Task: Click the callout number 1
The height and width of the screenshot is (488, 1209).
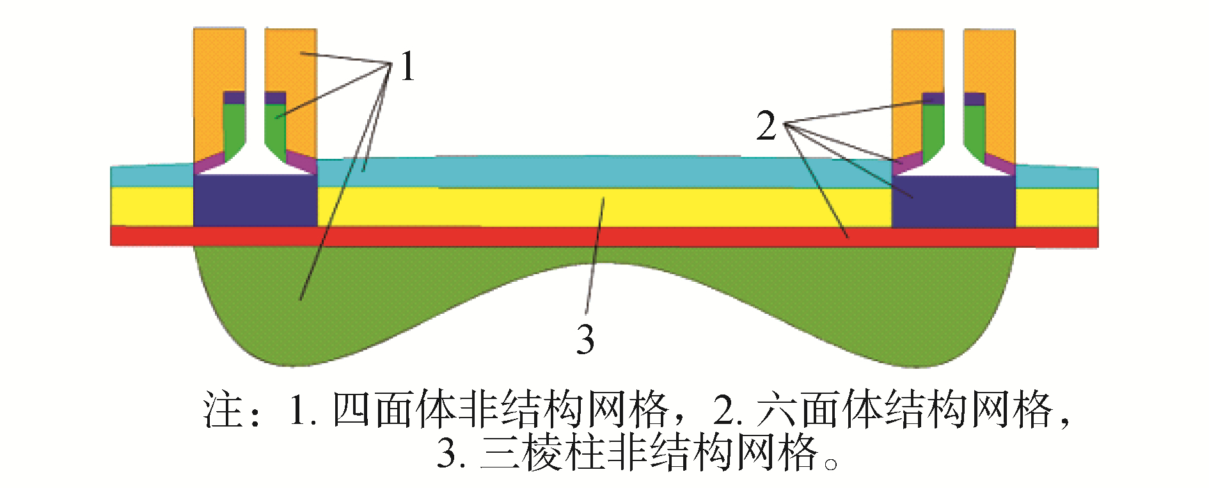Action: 407,67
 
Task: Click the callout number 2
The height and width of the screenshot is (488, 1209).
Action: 766,126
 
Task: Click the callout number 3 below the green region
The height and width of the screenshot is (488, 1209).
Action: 585,339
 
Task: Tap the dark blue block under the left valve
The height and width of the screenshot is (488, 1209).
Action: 255,200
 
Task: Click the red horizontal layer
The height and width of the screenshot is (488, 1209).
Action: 604,236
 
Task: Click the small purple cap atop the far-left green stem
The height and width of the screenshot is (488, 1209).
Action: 233,98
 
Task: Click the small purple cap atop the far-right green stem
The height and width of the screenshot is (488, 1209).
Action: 974,99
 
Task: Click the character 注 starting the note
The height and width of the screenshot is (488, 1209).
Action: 223,410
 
